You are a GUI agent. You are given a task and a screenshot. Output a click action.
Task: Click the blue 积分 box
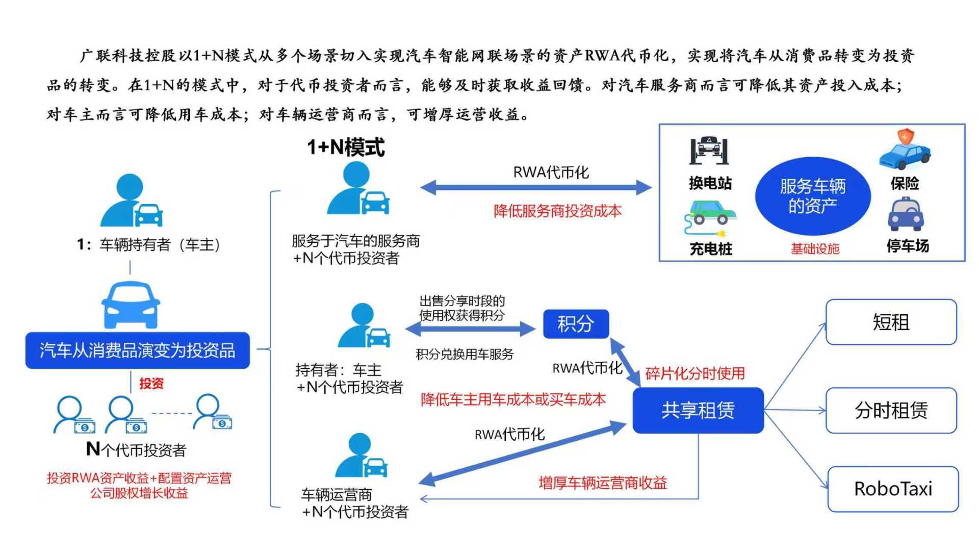[576, 324]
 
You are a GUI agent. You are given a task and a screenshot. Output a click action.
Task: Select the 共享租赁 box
[698, 410]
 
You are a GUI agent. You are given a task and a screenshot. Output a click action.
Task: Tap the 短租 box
[891, 322]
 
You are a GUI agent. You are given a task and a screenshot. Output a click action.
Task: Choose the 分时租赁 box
[891, 410]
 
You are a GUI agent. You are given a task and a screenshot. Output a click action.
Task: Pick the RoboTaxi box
[893, 489]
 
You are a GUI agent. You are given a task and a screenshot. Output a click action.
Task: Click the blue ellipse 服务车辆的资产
[813, 196]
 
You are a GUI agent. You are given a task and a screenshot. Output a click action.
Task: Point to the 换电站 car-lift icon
[709, 151]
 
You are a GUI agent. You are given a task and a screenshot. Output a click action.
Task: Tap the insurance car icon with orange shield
[905, 149]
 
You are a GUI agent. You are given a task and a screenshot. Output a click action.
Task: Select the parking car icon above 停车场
[906, 214]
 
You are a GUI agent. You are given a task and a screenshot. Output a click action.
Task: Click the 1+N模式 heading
[346, 147]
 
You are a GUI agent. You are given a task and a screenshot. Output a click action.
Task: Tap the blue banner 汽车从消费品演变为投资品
[138, 350]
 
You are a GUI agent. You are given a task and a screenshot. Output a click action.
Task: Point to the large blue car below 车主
[131, 305]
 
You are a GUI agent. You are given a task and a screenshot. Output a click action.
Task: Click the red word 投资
[151, 383]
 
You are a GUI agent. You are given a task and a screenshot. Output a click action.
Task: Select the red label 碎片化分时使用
[695, 373]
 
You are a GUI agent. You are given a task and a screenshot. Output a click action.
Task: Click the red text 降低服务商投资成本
[557, 211]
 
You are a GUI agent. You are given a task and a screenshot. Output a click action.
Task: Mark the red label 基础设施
[815, 249]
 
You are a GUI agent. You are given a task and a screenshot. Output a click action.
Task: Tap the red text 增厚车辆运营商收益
[603, 483]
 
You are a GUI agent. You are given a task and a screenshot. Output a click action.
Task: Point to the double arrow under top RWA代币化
[536, 188]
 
